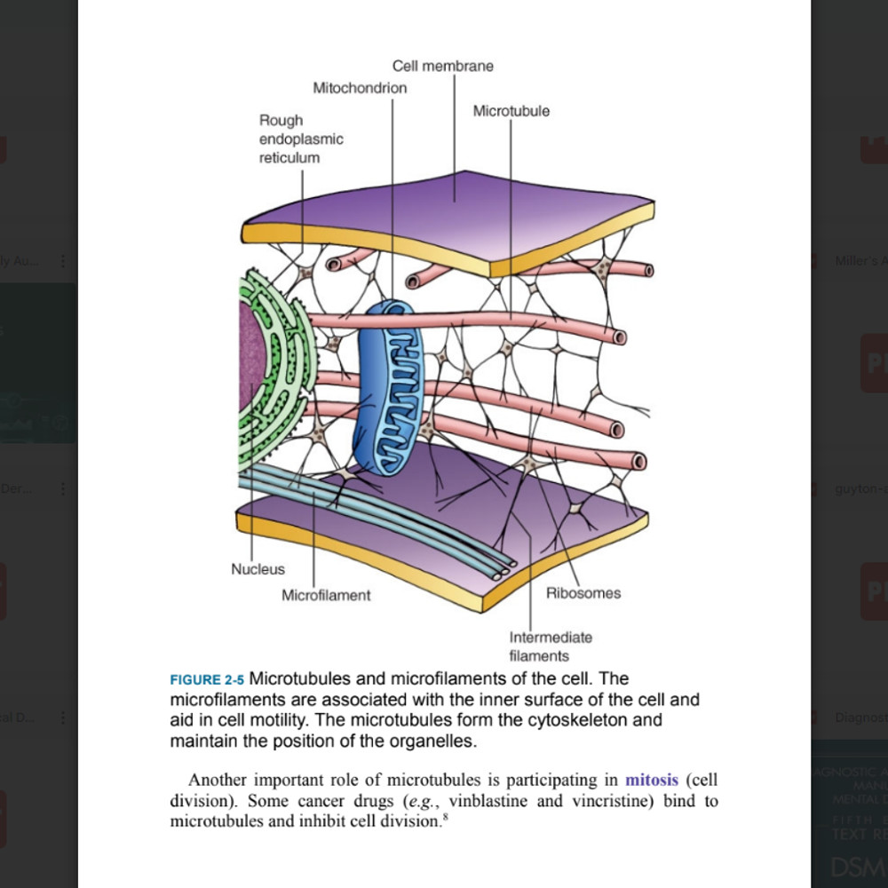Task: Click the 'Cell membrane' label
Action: point(442,66)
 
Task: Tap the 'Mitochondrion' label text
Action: point(360,88)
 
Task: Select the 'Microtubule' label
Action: point(511,111)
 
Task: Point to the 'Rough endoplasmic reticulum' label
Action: point(300,139)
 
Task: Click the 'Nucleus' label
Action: point(258,569)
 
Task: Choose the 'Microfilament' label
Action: point(326,595)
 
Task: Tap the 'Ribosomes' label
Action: point(583,593)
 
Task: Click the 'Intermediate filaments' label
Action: point(551,646)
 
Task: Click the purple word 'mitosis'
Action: point(652,781)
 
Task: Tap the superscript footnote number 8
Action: point(444,816)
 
